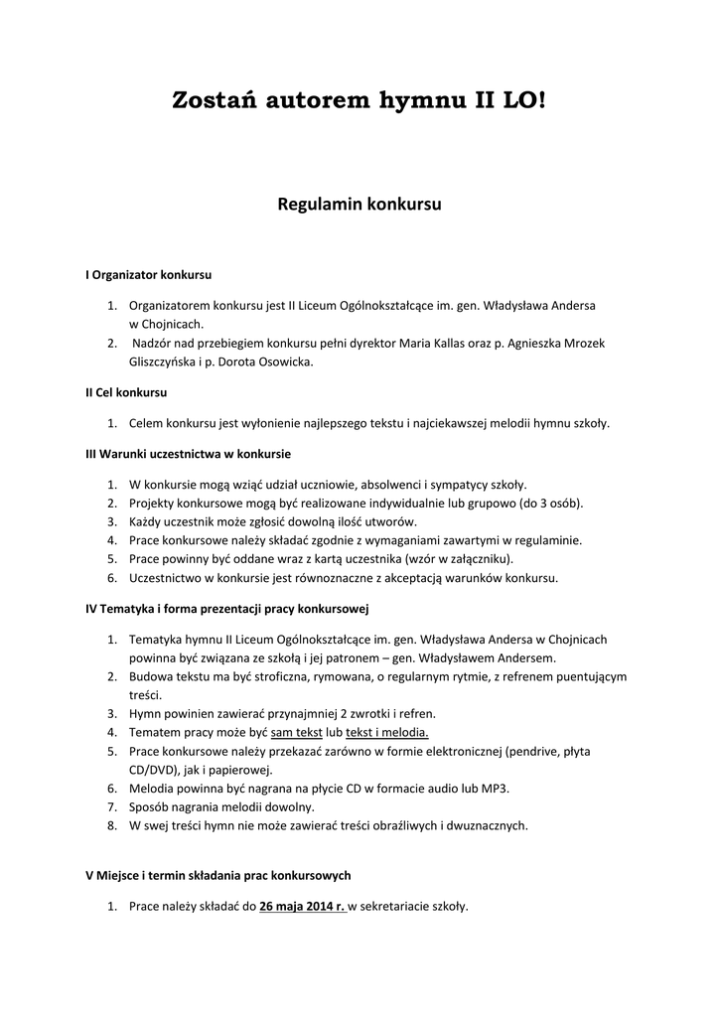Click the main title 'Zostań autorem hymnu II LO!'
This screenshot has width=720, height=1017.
pos(359,100)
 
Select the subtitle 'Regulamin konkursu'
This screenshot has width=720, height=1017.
pos(359,206)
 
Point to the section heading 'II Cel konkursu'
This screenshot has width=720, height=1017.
pos(126,392)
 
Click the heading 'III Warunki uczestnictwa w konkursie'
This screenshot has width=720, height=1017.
pos(188,453)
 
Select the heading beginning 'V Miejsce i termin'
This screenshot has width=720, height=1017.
pos(217,875)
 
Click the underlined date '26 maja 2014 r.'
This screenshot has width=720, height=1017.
pos(302,906)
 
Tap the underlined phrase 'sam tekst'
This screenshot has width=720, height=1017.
pos(296,732)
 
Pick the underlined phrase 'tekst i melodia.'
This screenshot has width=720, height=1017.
pos(387,732)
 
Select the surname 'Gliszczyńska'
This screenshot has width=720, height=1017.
pos(162,362)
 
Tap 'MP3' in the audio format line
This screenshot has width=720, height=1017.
pos(497,788)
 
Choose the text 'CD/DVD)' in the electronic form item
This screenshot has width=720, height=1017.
pos(153,769)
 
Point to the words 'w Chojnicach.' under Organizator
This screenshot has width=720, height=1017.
pos(166,324)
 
